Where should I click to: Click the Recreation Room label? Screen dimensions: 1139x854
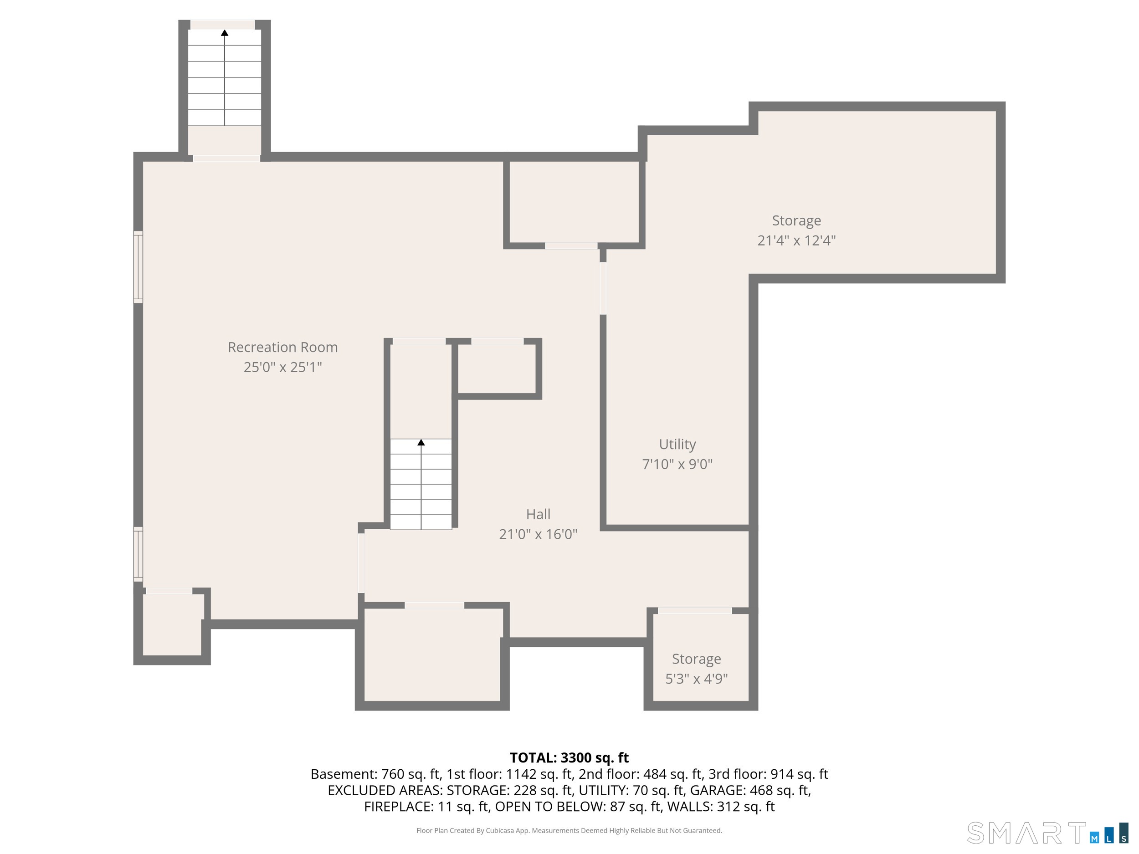click(x=282, y=348)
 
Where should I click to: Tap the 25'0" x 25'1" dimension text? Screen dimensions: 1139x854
click(x=282, y=367)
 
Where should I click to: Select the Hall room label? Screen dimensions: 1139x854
click(x=538, y=514)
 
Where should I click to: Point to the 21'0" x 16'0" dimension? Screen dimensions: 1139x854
click(x=538, y=534)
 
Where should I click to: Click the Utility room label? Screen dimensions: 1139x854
click(x=677, y=444)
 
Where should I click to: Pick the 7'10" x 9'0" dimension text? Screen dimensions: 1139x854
click(x=677, y=464)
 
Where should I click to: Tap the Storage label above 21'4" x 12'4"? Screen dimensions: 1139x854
click(x=796, y=221)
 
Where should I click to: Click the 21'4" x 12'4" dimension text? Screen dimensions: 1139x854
click(x=796, y=240)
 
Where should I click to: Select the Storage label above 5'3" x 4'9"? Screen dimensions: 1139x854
click(x=696, y=660)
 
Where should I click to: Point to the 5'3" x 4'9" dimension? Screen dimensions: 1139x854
click(x=696, y=679)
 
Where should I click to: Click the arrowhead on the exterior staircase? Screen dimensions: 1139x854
click(x=225, y=33)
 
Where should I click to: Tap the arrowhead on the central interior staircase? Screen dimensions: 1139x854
click(x=421, y=442)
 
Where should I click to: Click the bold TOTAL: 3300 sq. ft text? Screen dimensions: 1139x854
click(x=569, y=758)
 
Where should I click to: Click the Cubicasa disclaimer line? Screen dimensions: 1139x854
click(x=569, y=830)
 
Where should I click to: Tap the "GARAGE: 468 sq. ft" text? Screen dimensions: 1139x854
click(x=750, y=790)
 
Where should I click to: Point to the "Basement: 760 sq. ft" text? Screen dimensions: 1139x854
click(x=375, y=774)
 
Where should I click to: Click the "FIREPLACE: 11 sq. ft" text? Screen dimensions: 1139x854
click(x=426, y=807)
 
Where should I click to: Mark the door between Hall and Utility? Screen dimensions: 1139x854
click(x=603, y=288)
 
